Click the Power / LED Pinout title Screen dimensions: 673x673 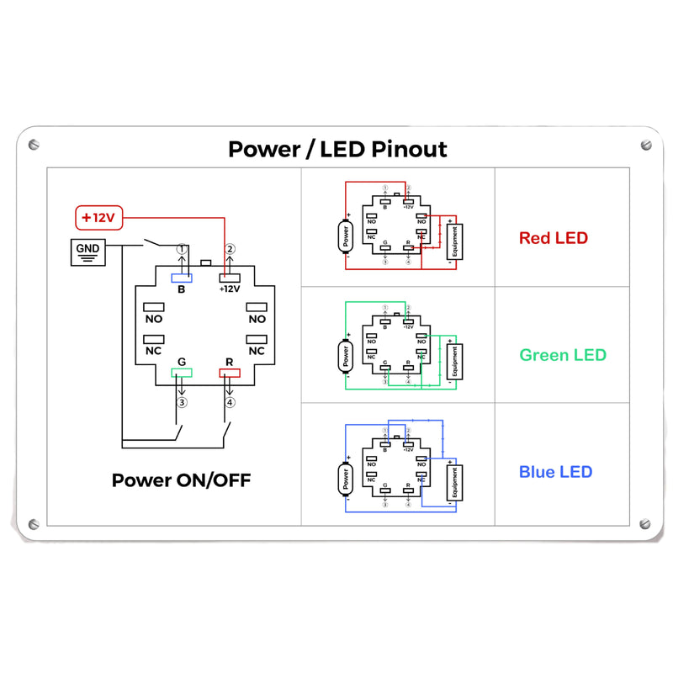pos(337,150)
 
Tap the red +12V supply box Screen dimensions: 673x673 pos(98,217)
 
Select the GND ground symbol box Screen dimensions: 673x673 pos(87,252)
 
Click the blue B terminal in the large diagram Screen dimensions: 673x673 pos(182,278)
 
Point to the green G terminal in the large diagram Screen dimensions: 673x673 pos(182,373)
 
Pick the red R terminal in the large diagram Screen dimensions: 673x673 pos(230,373)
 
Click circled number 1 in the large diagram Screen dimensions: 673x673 pos(181,249)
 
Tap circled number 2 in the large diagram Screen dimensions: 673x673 pos(230,249)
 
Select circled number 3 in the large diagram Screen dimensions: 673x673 pos(181,402)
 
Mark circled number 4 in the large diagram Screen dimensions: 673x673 pos(230,402)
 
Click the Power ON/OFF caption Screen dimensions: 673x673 pos(181,480)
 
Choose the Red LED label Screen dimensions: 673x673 pos(553,238)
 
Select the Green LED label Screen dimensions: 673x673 pos(562,355)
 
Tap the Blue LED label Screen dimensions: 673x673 pos(555,472)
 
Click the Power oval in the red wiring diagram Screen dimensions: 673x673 pos(344,236)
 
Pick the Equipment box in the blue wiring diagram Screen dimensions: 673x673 pos(455,483)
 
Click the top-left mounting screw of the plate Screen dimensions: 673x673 pos(34,145)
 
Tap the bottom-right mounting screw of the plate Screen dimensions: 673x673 pos(646,522)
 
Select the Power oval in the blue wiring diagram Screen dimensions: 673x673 pos(344,478)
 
